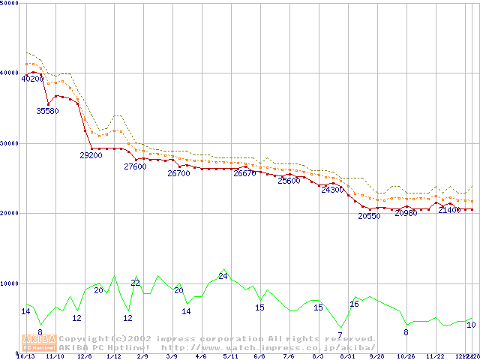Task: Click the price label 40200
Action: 32,79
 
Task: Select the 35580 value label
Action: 47,111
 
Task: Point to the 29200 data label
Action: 91,155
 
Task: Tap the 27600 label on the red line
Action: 135,166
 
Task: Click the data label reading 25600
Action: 289,181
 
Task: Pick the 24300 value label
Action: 332,190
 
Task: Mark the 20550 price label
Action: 369,216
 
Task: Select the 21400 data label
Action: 449,210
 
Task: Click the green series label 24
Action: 223,276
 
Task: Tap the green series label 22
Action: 136,283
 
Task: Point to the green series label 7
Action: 340,334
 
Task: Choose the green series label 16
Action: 354,304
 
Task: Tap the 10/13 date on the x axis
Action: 25,356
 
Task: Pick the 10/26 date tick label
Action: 406,356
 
